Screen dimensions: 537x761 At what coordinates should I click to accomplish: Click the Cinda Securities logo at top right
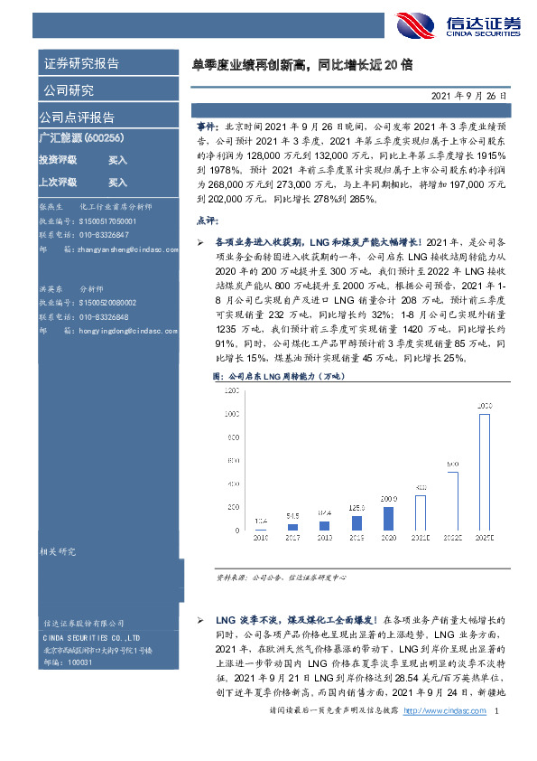tap(469, 27)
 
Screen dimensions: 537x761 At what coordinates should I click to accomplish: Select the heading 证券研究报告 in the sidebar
tap(82, 64)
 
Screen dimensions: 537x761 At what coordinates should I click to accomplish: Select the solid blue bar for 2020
tap(388, 518)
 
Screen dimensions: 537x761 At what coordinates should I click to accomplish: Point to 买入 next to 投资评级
tap(117, 159)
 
